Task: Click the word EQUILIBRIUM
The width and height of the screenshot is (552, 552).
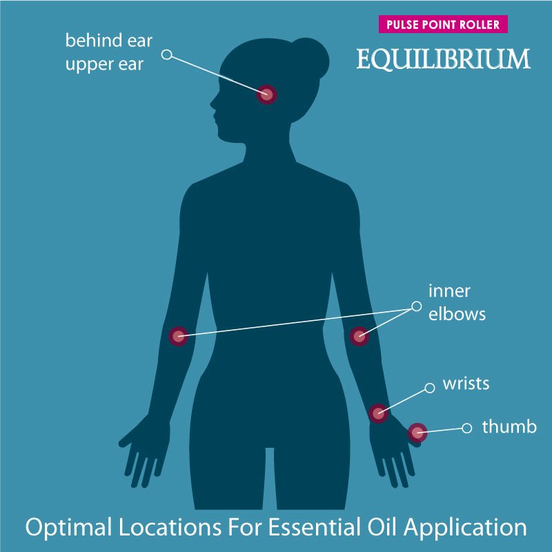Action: pyautogui.click(x=443, y=59)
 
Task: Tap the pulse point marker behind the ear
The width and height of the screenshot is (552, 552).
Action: pyautogui.click(x=266, y=95)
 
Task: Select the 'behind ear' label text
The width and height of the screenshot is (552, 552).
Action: pyautogui.click(x=108, y=40)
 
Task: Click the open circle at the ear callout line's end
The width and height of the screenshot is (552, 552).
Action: pyautogui.click(x=166, y=53)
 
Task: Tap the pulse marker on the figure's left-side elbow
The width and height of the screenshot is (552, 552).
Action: pyautogui.click(x=179, y=337)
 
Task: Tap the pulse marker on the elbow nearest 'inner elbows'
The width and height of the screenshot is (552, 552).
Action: pyautogui.click(x=359, y=337)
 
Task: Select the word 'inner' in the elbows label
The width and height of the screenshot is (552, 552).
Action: pyautogui.click(x=449, y=290)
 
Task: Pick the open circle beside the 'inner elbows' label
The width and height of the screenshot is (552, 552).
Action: pyautogui.click(x=416, y=305)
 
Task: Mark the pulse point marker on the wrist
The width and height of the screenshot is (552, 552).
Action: pyautogui.click(x=377, y=413)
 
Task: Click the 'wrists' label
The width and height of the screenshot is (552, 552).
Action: pyautogui.click(x=466, y=384)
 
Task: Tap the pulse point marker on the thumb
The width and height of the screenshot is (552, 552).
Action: pyautogui.click(x=417, y=433)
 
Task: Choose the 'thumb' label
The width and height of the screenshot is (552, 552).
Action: pyautogui.click(x=509, y=427)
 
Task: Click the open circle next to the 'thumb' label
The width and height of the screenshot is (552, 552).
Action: pyautogui.click(x=467, y=428)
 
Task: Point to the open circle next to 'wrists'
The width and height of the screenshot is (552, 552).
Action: pyautogui.click(x=430, y=388)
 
